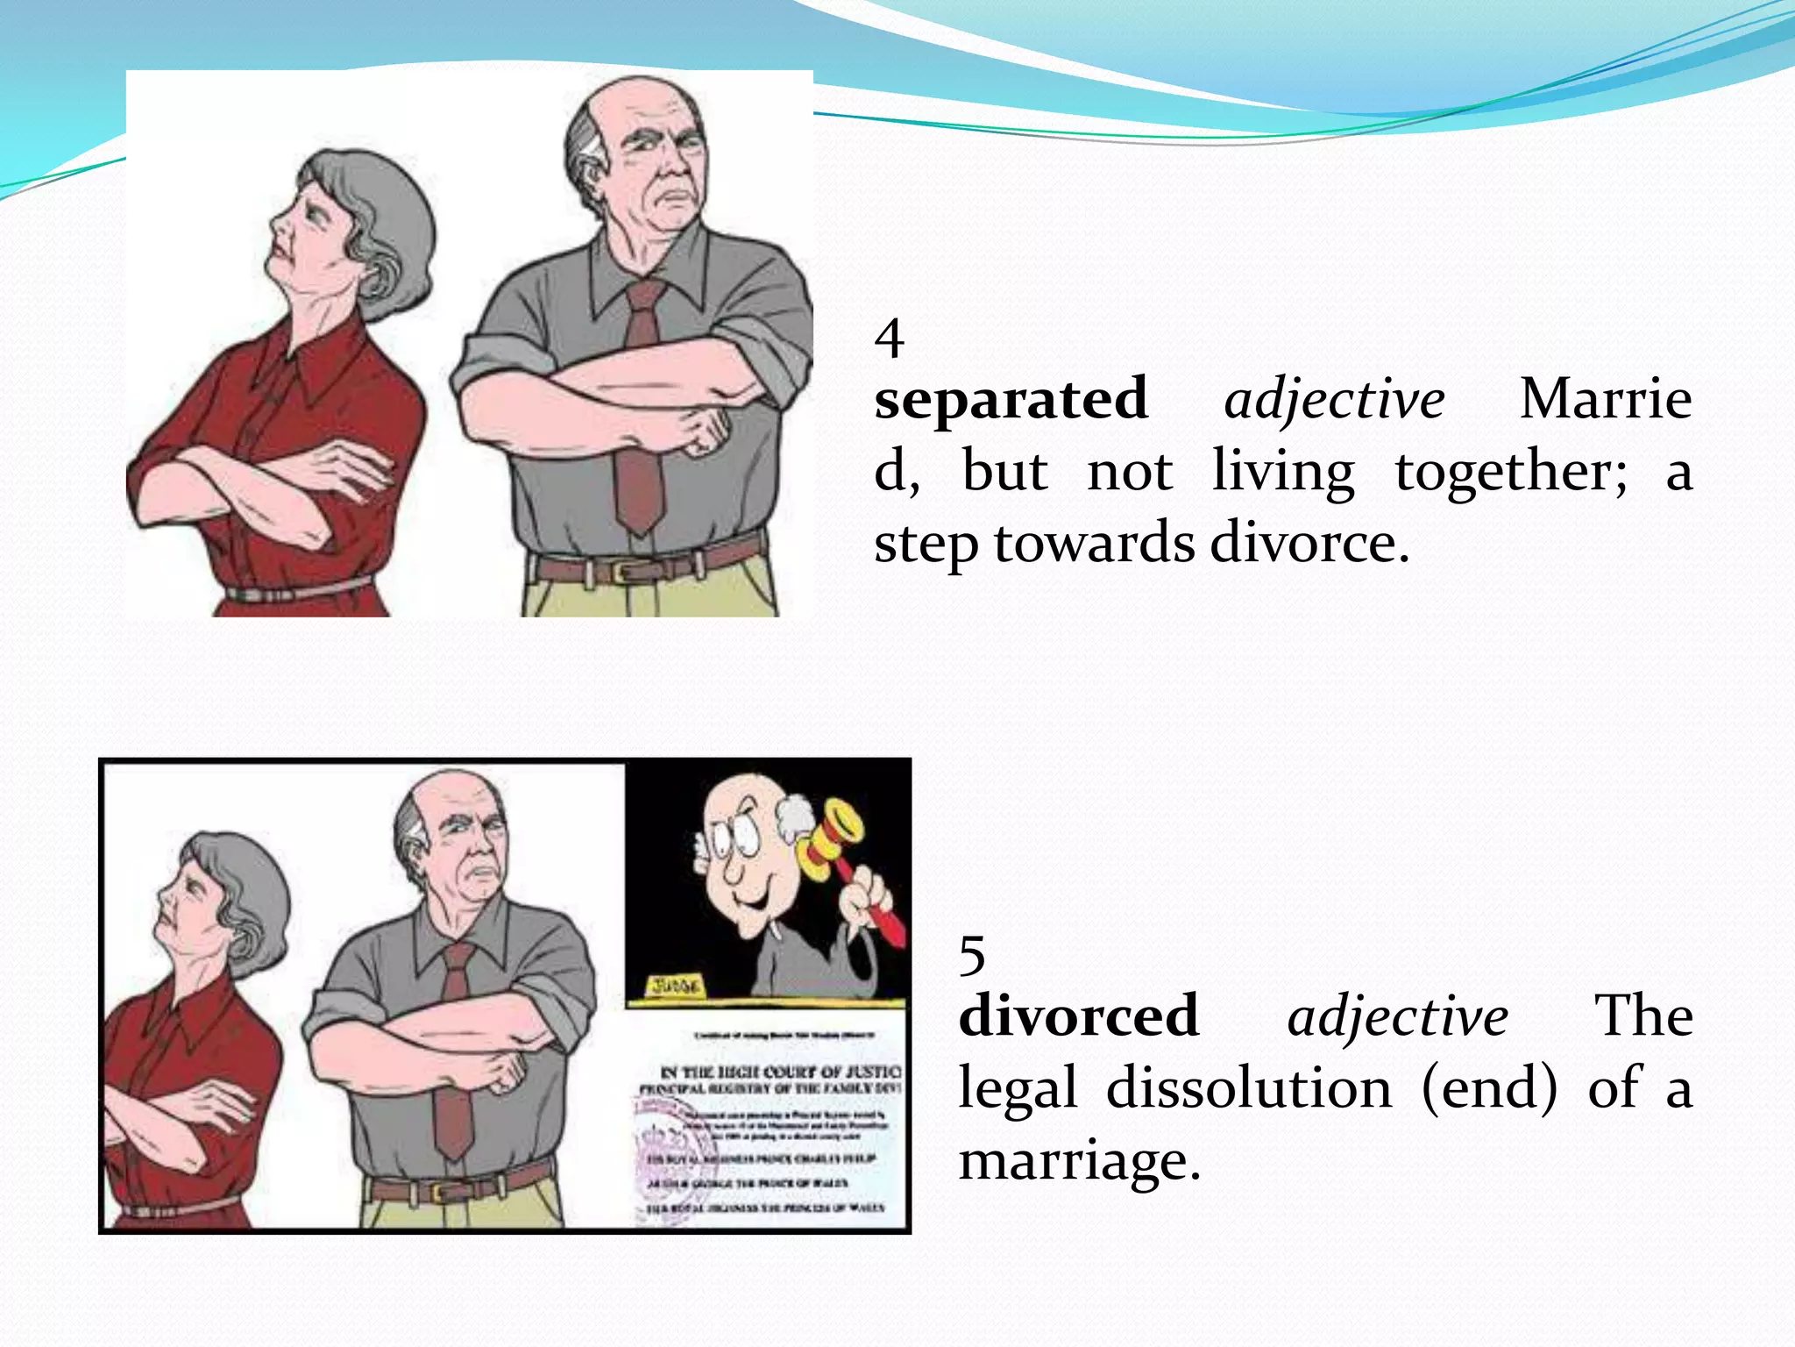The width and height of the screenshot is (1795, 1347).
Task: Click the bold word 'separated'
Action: (1011, 401)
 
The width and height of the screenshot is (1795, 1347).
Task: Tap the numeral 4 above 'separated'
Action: (889, 339)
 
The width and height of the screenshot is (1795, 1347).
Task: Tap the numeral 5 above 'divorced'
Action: (972, 955)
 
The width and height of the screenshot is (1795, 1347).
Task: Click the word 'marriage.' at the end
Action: (1079, 1161)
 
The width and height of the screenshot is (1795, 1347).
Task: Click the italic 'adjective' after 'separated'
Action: (1334, 401)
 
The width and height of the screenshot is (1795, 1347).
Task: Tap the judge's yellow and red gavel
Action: (837, 842)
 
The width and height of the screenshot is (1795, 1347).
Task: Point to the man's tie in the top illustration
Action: (642, 412)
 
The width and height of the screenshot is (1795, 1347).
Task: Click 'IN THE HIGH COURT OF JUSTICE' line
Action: (779, 1072)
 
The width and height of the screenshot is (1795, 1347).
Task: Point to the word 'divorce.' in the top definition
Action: (1309, 544)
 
